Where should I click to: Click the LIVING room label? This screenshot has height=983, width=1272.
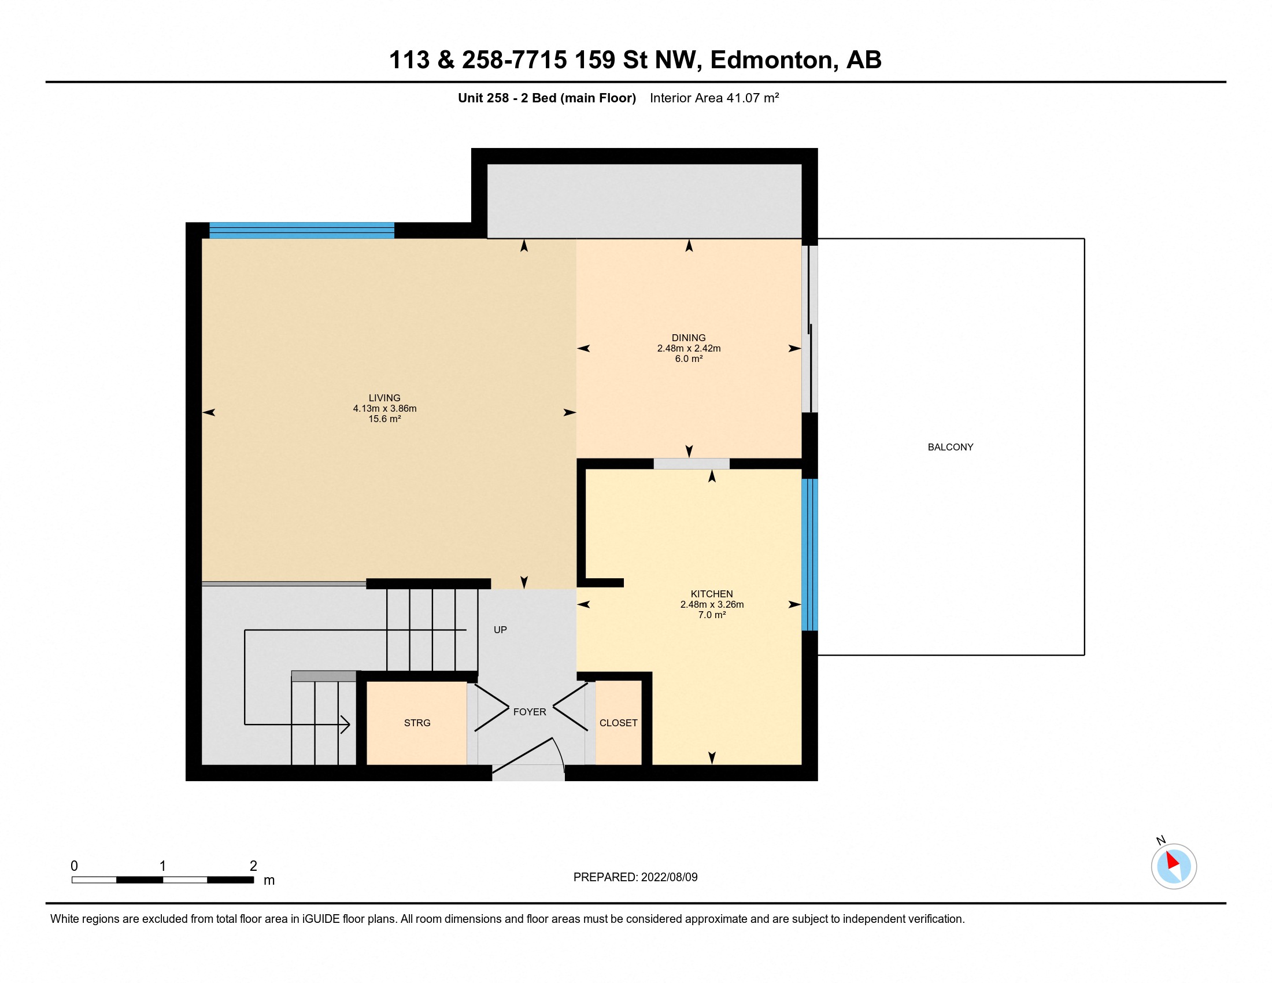[x=384, y=398]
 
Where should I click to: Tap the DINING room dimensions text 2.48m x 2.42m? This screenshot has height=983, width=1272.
[x=689, y=348]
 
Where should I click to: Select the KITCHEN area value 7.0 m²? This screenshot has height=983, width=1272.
[x=712, y=615]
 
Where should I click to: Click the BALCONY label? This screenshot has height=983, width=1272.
[x=950, y=447]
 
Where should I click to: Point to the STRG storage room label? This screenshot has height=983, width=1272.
[x=417, y=723]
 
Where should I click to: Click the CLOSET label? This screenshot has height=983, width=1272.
[x=618, y=723]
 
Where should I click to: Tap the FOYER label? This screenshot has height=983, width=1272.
[x=530, y=712]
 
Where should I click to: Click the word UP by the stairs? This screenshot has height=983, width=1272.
[x=500, y=630]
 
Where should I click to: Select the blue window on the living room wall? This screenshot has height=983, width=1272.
[x=302, y=231]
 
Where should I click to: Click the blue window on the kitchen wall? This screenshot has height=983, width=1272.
[x=809, y=555]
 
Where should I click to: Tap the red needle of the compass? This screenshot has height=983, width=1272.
[x=1172, y=860]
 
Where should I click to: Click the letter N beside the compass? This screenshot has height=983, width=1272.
[x=1160, y=840]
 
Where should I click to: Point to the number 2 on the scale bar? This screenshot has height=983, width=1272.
[x=253, y=866]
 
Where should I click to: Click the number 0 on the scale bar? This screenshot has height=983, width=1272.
[x=74, y=866]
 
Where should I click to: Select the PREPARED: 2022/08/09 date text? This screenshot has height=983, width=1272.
[x=635, y=877]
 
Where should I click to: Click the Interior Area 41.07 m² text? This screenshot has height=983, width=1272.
[x=714, y=98]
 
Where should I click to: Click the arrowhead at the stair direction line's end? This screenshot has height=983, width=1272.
[x=345, y=725]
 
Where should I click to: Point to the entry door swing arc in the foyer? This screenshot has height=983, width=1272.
[x=559, y=753]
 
